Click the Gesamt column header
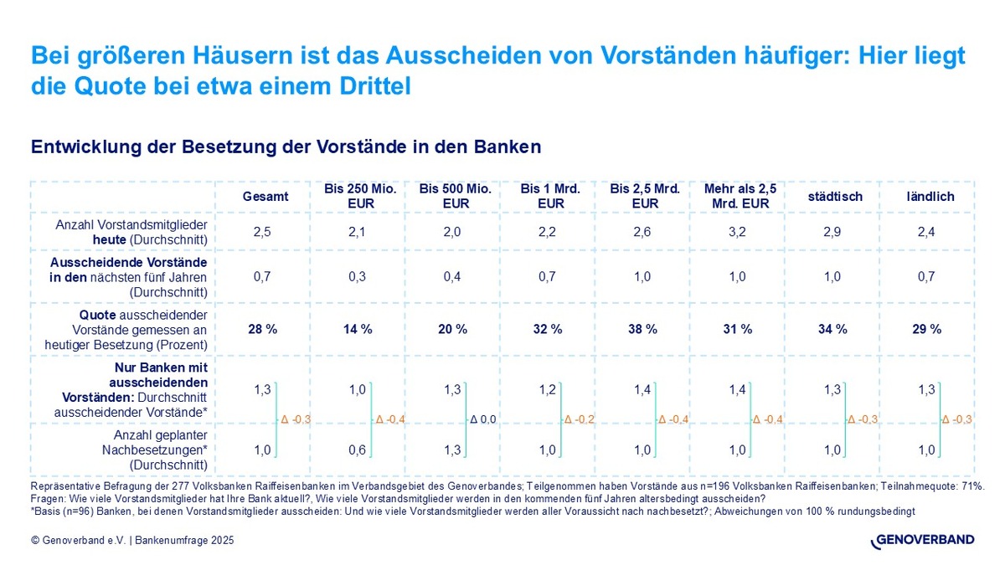click(265, 197)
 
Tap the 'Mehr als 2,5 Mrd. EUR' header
click(740, 197)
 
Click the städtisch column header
click(833, 197)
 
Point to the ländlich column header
click(929, 197)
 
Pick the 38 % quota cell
click(644, 329)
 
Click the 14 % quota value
click(359, 329)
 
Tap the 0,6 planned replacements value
click(357, 450)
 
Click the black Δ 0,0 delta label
click(483, 419)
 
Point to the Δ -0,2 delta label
click(579, 419)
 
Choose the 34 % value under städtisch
click(833, 329)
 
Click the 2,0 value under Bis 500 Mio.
click(453, 232)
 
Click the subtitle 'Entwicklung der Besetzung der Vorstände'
click(286, 146)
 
